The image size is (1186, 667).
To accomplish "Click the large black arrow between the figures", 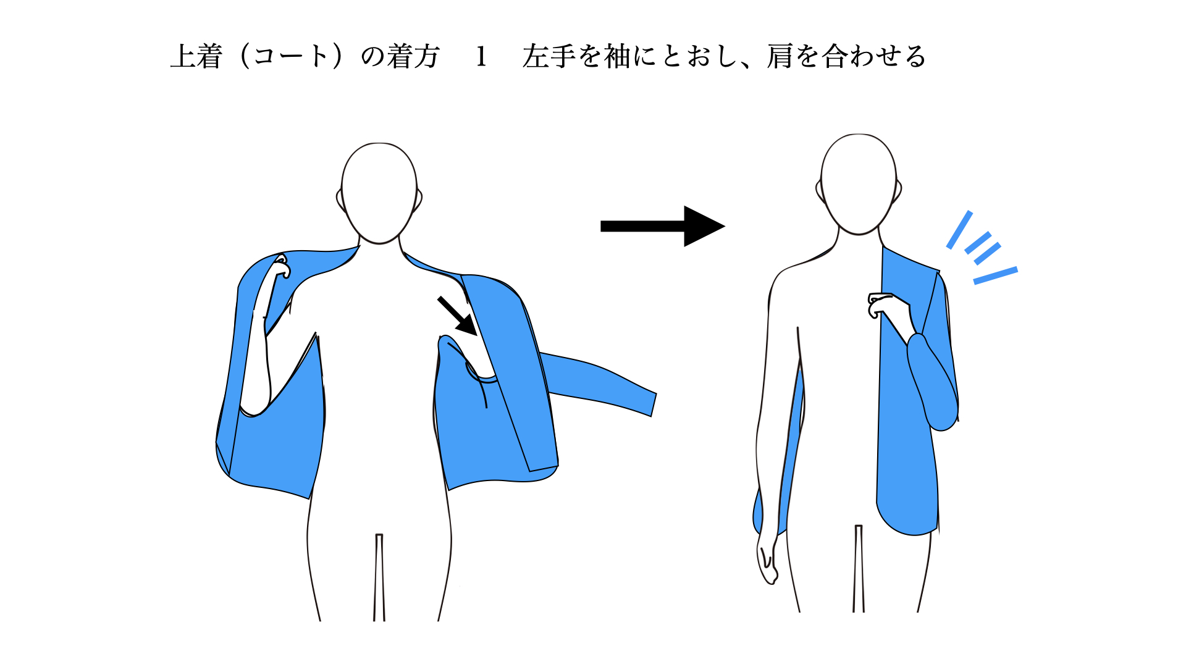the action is [662, 226].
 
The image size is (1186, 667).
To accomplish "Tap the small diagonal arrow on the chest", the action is [458, 316].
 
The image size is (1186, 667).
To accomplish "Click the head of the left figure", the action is [379, 193].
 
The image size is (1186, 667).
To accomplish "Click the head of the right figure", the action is [859, 184].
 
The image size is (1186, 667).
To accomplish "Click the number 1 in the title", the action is [481, 57].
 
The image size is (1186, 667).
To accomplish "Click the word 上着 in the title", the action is [196, 56].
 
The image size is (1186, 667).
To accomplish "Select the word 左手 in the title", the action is [549, 56].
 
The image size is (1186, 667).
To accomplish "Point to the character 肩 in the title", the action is [780, 56].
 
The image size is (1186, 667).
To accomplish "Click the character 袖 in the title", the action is [617, 56].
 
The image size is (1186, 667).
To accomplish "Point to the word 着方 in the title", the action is [413, 56].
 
